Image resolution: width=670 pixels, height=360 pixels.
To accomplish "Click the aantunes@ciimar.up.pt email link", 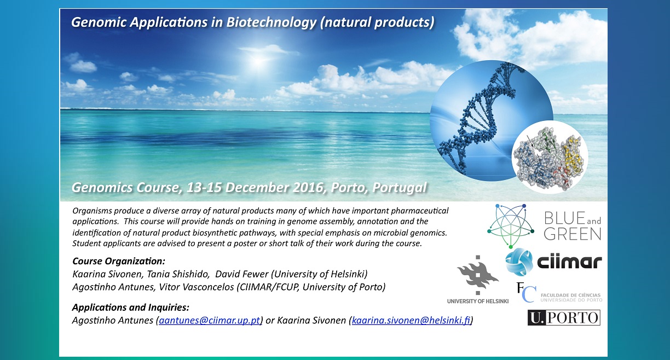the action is click(209, 321).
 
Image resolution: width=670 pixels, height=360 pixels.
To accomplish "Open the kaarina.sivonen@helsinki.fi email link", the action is click(411, 321).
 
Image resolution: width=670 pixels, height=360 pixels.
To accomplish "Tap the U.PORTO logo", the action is click(564, 317).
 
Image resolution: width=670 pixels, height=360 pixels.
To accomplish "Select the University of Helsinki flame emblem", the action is click(478, 275).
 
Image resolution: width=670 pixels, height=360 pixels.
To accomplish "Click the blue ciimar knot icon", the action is click(519, 262).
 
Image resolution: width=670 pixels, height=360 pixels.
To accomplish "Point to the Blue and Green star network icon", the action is click(511, 226).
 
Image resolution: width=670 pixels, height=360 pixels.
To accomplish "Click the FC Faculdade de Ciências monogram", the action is click(526, 292).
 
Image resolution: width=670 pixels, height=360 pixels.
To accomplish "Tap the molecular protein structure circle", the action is click(550, 157).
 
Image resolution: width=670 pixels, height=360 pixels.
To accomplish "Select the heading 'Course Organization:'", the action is click(119, 261).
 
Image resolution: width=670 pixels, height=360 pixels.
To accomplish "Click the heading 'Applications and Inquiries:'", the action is click(131, 307).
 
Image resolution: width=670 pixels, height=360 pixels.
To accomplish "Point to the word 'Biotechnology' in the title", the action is click(272, 22).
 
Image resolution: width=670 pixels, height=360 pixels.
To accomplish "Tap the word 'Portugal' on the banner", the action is click(399, 188).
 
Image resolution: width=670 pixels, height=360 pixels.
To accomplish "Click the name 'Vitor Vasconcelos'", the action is click(196, 287).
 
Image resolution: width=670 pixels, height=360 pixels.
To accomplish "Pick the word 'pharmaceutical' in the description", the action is click(420, 211).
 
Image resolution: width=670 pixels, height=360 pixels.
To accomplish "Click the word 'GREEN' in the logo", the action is click(573, 234).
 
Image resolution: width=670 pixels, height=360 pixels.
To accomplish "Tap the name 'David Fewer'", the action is click(242, 274).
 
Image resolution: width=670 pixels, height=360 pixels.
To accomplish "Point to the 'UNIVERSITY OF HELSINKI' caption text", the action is click(478, 301).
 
